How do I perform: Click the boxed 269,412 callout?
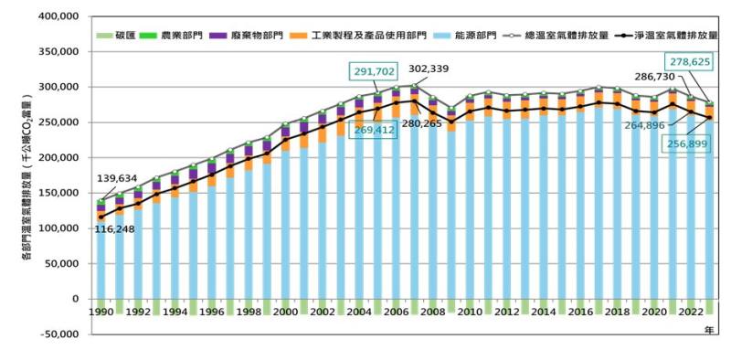(x=373, y=131)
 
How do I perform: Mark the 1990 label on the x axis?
(x=101, y=312)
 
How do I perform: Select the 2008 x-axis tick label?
(x=431, y=312)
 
